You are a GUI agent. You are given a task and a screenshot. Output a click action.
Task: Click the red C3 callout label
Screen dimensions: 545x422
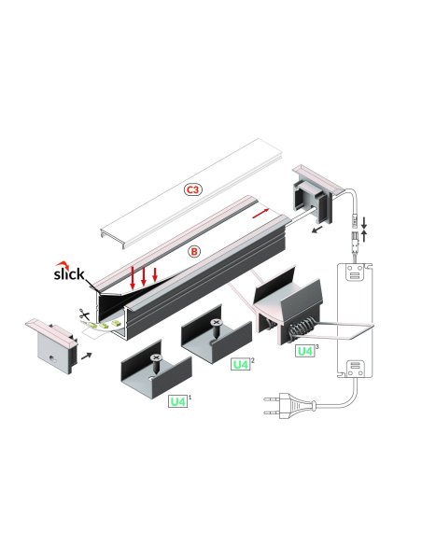pos(193,189)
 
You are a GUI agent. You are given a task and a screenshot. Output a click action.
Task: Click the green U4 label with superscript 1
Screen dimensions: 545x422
pos(177,401)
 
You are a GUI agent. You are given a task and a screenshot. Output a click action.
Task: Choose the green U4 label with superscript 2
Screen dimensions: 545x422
pos(241,365)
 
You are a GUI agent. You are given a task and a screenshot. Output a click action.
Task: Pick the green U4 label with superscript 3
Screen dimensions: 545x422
pos(304,351)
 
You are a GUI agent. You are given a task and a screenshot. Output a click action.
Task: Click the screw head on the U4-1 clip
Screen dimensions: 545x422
pos(157,358)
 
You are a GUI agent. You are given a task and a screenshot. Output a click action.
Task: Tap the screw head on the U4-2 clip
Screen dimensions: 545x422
pos(218,322)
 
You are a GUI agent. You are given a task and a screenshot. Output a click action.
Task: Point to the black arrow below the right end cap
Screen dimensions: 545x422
pos(318,226)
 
